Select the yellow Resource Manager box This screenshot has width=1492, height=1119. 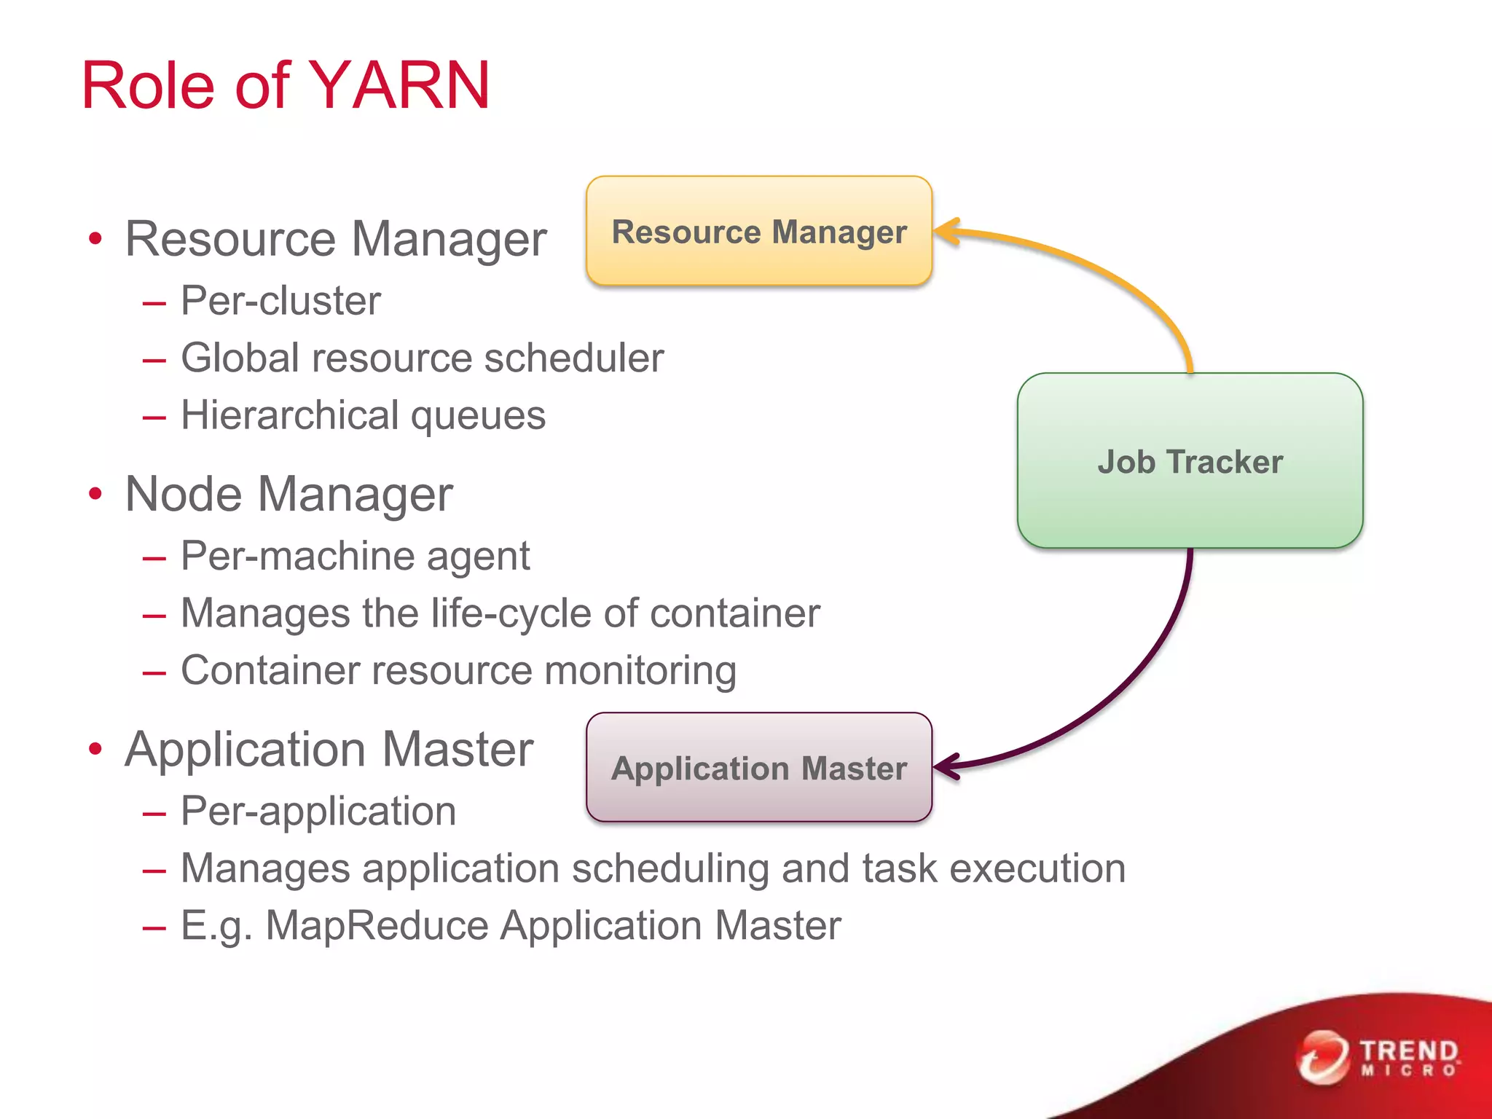(758, 231)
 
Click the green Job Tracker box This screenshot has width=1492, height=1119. (1190, 461)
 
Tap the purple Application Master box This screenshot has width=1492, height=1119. (758, 768)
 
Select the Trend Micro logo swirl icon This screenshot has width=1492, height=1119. (1322, 1057)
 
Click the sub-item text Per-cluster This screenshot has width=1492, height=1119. (280, 301)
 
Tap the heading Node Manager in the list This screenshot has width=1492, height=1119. (288, 495)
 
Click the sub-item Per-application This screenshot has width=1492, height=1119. (318, 812)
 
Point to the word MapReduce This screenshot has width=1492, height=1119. (377, 926)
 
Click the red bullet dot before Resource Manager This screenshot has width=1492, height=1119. (95, 239)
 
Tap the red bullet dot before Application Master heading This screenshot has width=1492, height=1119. (95, 750)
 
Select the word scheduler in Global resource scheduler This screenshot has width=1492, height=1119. (573, 358)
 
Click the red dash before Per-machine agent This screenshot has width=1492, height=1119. (154, 559)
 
